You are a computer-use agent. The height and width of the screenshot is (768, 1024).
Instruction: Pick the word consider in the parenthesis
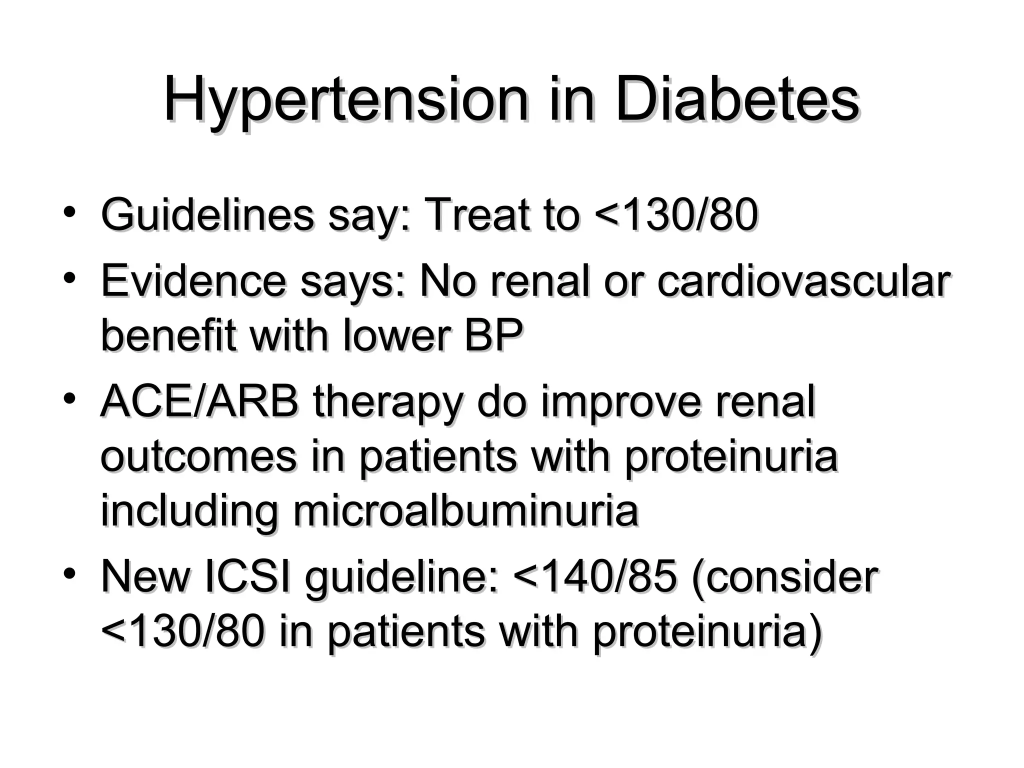coord(790,577)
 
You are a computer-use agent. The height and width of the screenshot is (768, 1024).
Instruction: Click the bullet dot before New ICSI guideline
coord(69,572)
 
